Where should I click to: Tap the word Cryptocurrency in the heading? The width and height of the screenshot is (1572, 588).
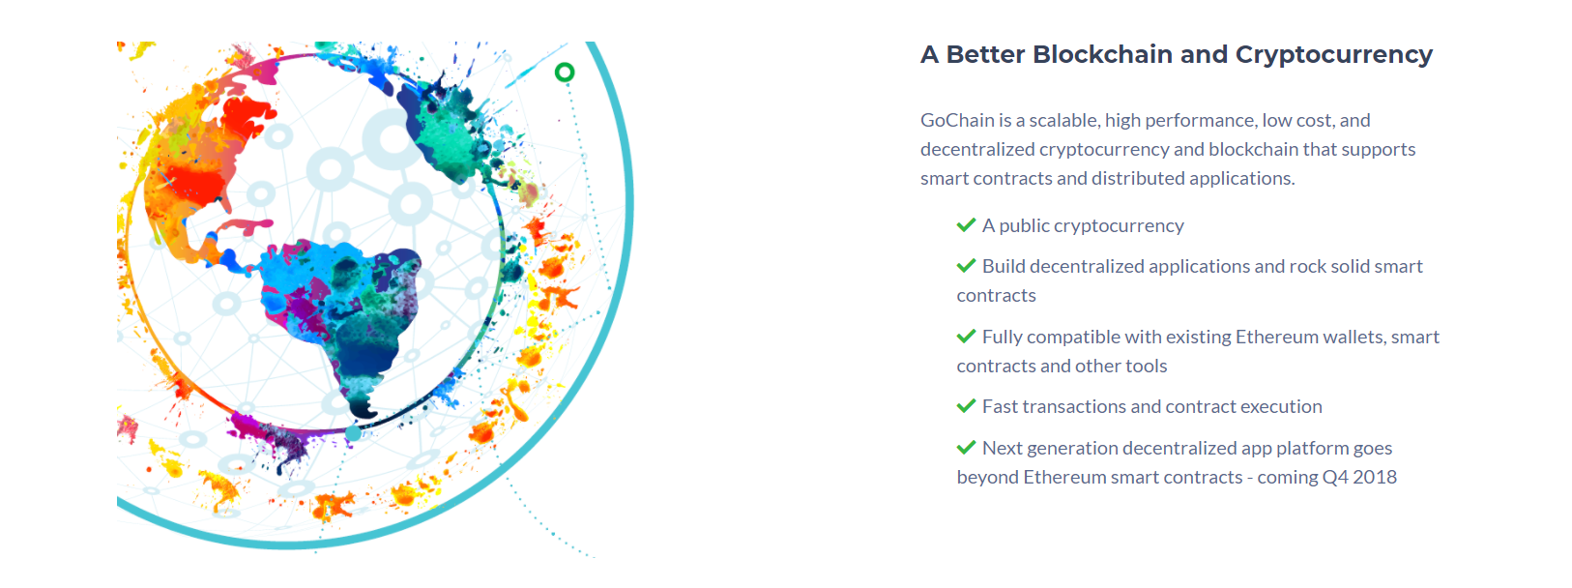coord(1333,55)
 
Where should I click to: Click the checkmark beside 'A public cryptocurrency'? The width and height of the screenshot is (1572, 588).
coord(967,224)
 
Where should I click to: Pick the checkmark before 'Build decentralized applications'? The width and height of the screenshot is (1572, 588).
coord(967,265)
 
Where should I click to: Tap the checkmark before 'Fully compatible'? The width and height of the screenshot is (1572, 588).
coord(967,337)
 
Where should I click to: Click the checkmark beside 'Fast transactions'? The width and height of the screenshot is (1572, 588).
coord(967,405)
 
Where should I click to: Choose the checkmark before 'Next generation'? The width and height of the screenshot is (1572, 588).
coord(967,447)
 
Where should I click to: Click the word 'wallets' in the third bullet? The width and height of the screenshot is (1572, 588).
coord(1354,337)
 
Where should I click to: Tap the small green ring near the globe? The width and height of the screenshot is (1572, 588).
coord(565,73)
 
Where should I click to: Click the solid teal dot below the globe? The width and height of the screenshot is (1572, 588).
coord(353,433)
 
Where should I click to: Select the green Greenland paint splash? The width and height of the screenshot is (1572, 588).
coord(446,130)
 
